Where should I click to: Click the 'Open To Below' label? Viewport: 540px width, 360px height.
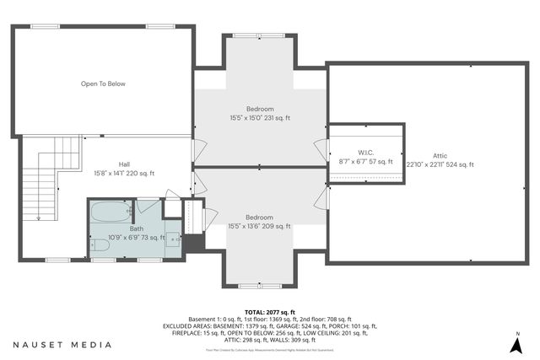click(102, 84)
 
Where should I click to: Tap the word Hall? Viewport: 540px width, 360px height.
click(124, 164)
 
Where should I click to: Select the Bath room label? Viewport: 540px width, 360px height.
click(136, 228)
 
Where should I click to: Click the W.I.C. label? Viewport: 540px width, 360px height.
click(365, 153)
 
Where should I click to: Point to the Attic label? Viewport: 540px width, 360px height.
click(440, 156)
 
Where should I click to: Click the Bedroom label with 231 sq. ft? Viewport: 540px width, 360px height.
click(259, 109)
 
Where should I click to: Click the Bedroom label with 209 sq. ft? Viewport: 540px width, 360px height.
click(259, 217)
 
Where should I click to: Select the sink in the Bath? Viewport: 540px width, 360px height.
click(175, 239)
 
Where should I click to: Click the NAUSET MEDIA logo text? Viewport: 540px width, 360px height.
click(62, 345)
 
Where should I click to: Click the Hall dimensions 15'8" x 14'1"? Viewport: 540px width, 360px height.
click(124, 173)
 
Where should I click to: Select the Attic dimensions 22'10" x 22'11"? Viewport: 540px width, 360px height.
click(440, 165)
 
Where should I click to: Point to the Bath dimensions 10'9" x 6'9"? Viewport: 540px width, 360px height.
click(136, 237)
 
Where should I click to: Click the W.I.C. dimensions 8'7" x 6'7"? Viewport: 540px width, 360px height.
click(365, 161)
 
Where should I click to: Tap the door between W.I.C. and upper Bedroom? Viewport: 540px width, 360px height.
click(321, 148)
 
